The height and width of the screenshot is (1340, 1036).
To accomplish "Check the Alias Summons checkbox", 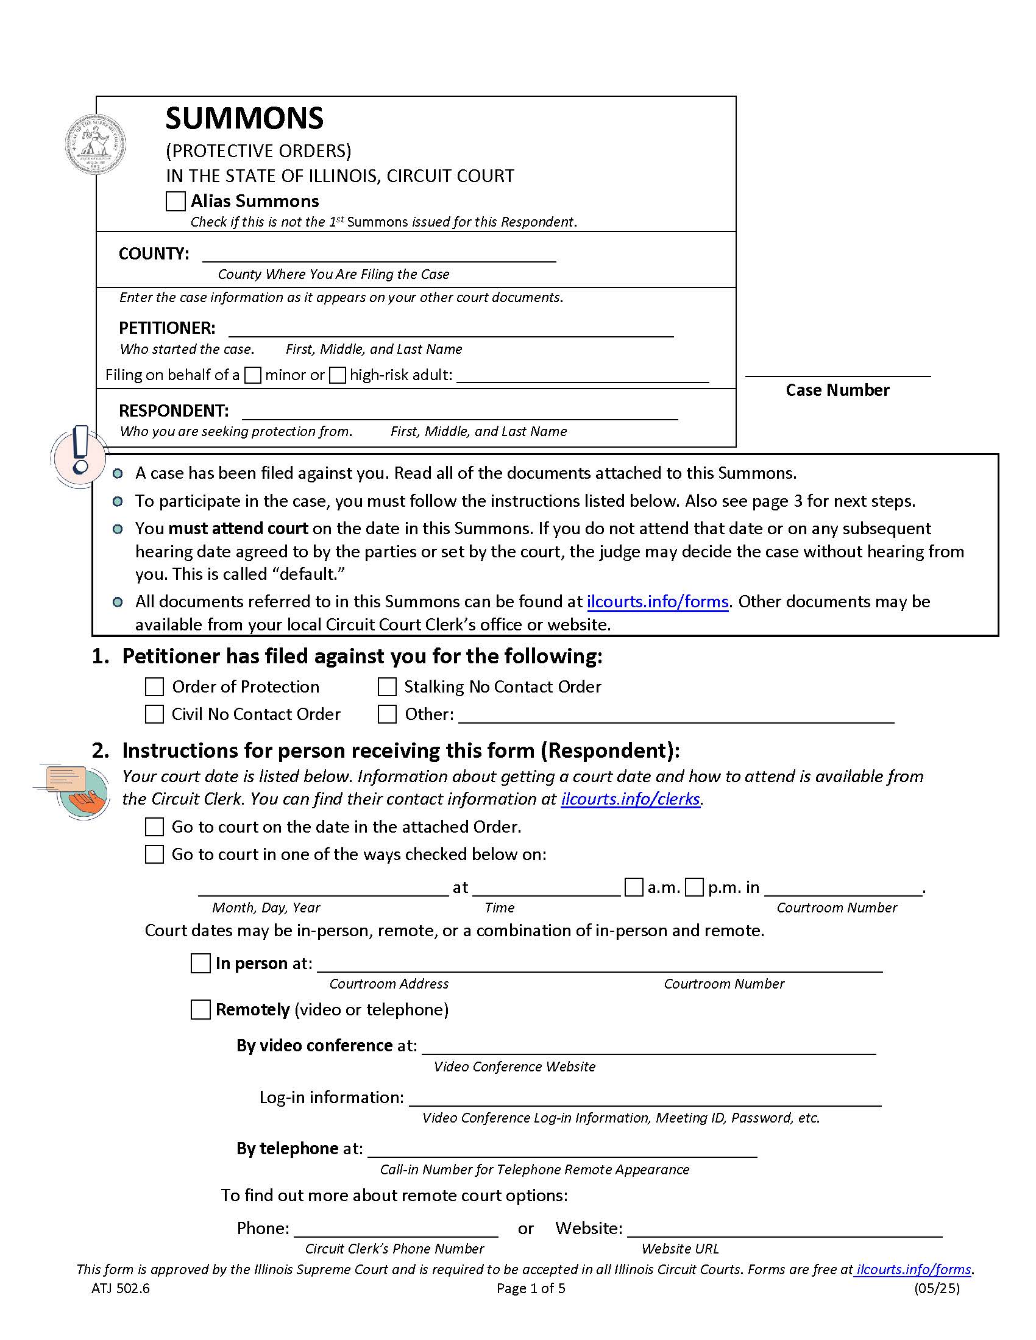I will pyautogui.click(x=176, y=201).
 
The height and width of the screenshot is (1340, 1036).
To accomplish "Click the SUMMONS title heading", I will pyautogui.click(x=244, y=118).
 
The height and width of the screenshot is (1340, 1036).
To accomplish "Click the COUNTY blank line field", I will pyautogui.click(x=378, y=254).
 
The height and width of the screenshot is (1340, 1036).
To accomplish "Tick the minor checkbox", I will pyautogui.click(x=252, y=375).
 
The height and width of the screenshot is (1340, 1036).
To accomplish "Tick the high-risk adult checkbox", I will pyautogui.click(x=337, y=375).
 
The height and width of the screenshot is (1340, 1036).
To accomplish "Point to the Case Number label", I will pyautogui.click(x=837, y=390).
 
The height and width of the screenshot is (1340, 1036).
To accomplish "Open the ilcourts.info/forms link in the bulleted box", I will pyautogui.click(x=658, y=601).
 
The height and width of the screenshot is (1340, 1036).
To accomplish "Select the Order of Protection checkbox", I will pyautogui.click(x=154, y=686).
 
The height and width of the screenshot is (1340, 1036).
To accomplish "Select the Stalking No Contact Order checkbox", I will pyautogui.click(x=386, y=686).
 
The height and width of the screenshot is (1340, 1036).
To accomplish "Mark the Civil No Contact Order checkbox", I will pyautogui.click(x=154, y=714).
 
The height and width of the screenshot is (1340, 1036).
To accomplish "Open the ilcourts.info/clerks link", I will pyautogui.click(x=630, y=799).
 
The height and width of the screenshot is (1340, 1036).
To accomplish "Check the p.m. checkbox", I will pyautogui.click(x=694, y=887).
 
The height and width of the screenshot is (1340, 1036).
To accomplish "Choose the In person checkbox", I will pyautogui.click(x=200, y=964).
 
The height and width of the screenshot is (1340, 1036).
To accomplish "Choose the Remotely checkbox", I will pyautogui.click(x=200, y=1009).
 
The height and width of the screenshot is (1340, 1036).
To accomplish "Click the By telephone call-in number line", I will pyautogui.click(x=562, y=1149).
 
